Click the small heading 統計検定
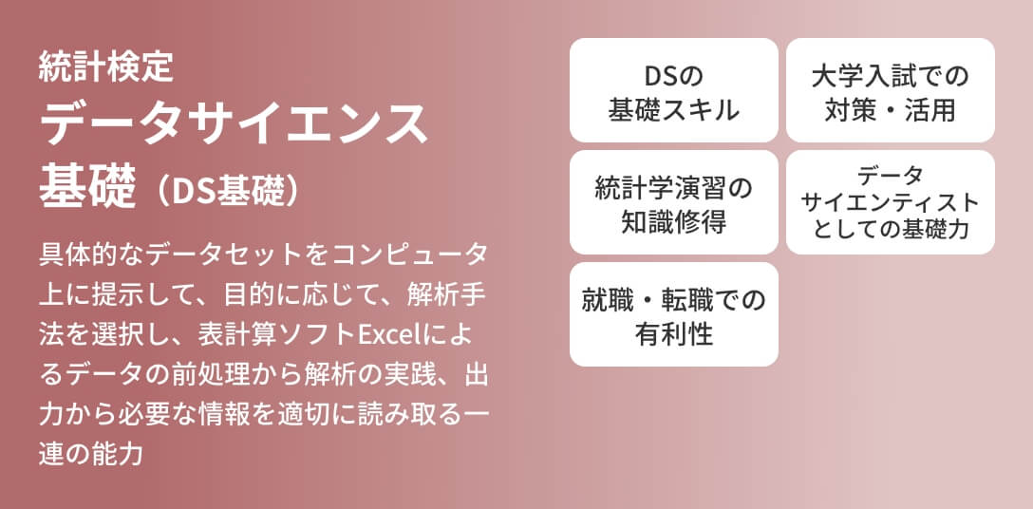pyautogui.click(x=105, y=67)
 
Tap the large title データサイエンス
pyautogui.click(x=235, y=123)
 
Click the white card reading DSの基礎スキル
pyautogui.click(x=673, y=91)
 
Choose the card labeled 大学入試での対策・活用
pyautogui.click(x=890, y=91)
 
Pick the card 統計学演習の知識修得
pyautogui.click(x=673, y=203)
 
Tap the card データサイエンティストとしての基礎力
pyautogui.click(x=890, y=202)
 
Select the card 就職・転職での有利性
pyautogui.click(x=673, y=315)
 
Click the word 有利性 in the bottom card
pyautogui.click(x=673, y=334)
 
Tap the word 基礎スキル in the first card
pyautogui.click(x=673, y=109)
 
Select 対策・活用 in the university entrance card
pyautogui.click(x=890, y=109)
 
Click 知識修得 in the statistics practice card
pyautogui.click(x=673, y=222)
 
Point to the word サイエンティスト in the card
pyautogui.click(x=890, y=202)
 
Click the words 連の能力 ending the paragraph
pyautogui.click(x=91, y=453)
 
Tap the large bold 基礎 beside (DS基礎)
pyautogui.click(x=86, y=186)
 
